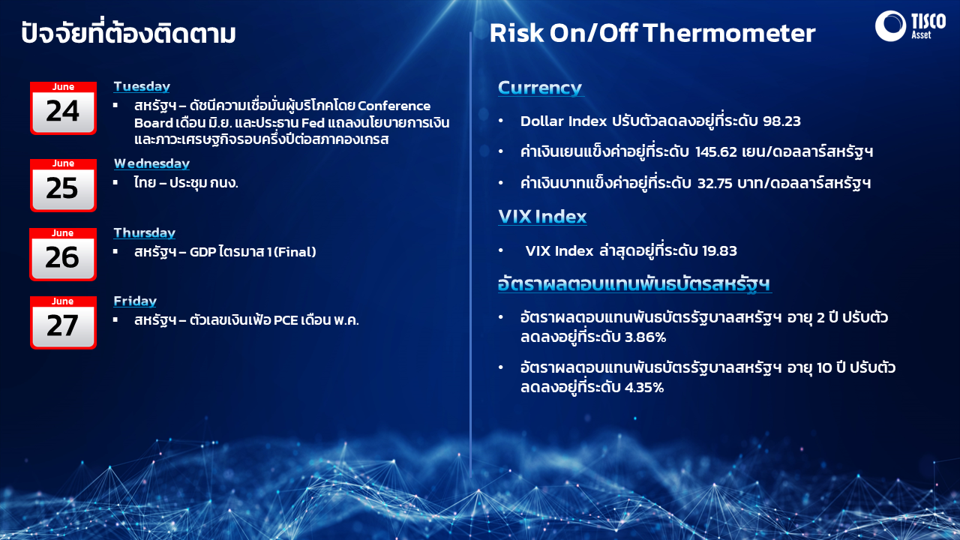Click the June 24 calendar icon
click(63, 108)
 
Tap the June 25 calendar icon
click(63, 185)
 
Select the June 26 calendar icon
click(63, 254)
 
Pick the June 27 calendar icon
click(63, 322)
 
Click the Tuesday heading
click(142, 86)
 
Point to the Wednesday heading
click(151, 163)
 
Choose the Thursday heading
click(145, 232)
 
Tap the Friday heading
click(135, 301)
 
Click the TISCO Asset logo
click(910, 25)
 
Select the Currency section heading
click(540, 88)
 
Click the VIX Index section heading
click(542, 217)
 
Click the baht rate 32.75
click(715, 184)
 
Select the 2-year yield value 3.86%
click(646, 337)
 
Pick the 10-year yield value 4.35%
click(644, 388)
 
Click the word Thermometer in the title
click(729, 33)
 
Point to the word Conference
click(394, 106)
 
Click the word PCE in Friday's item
click(286, 320)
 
